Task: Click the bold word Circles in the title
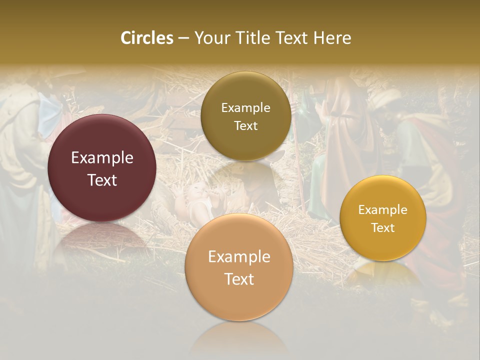tap(146, 38)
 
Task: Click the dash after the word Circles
tap(183, 38)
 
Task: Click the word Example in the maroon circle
tap(102, 158)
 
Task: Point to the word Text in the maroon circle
tap(102, 180)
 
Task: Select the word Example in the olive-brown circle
tap(245, 108)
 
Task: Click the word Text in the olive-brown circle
tap(245, 125)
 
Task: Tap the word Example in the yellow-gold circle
tap(383, 210)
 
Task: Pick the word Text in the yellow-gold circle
tap(383, 227)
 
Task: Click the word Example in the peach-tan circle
tap(239, 257)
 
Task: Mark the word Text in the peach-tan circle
tap(239, 279)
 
